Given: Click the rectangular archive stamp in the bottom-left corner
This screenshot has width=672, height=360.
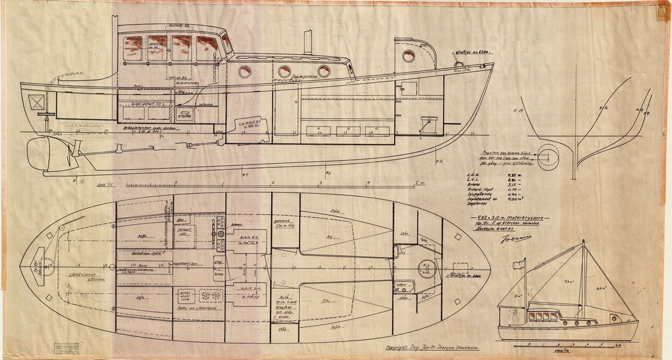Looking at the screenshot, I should coord(69,347).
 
